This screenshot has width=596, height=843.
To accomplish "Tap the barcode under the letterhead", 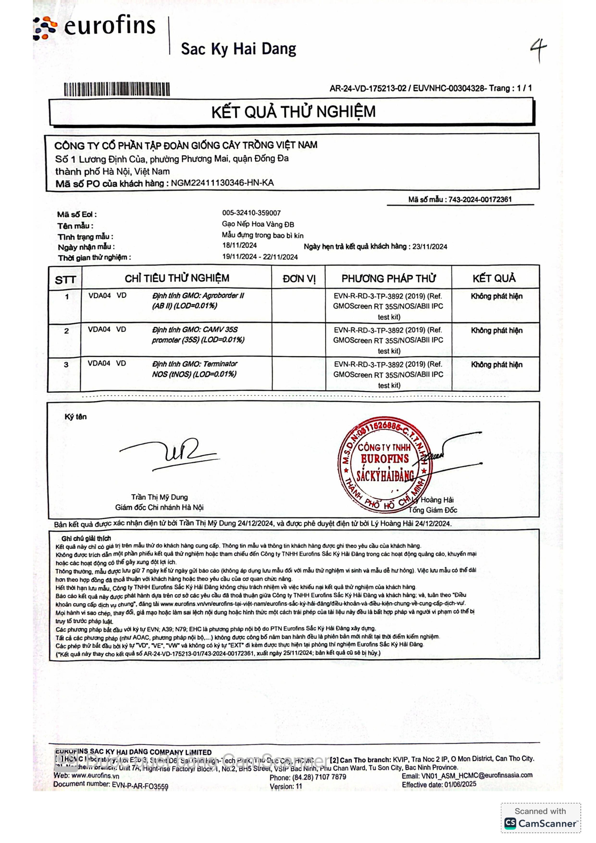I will [x=117, y=89].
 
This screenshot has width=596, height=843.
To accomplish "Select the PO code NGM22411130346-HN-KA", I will [x=222, y=183].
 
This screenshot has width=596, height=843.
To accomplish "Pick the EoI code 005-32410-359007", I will [x=251, y=213].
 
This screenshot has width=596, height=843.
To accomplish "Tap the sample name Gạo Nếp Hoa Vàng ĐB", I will [x=258, y=224].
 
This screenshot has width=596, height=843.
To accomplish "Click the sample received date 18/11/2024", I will [x=239, y=245].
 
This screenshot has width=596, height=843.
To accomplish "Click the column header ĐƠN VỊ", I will [x=299, y=279].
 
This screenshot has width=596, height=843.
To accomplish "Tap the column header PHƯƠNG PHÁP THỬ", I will [x=388, y=279].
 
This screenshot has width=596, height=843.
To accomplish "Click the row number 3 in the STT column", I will [x=66, y=365].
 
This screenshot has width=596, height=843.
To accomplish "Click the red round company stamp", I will [x=385, y=464].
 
